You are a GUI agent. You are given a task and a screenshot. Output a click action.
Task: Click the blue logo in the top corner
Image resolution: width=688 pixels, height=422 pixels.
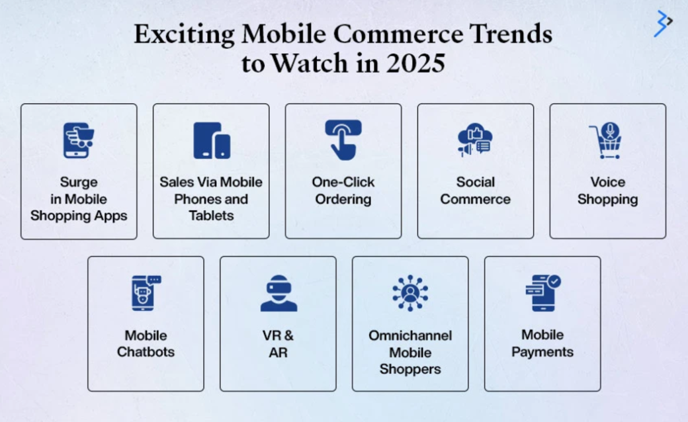pos(662,23)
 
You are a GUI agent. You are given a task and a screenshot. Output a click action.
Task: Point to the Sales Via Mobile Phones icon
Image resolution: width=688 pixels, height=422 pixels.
pos(212,140)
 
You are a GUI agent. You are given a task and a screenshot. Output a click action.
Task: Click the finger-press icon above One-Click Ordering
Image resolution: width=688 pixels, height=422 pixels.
pos(343,140)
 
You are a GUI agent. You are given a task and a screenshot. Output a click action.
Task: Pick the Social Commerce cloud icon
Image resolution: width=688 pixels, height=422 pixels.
pos(475,140)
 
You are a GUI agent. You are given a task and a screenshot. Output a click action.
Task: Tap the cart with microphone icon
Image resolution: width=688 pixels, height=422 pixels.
pos(606,140)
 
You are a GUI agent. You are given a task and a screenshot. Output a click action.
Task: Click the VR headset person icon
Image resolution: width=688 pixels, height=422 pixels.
pos(279,293)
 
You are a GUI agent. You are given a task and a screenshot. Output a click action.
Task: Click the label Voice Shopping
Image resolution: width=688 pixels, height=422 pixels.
pos(607,190)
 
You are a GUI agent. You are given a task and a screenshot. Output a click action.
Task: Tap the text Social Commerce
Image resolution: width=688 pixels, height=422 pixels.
pos(475,190)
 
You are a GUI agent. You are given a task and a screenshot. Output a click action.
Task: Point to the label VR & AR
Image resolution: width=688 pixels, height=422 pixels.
pos(279,343)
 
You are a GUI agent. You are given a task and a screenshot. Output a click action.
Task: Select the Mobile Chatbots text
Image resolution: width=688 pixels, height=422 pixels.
pos(146,343)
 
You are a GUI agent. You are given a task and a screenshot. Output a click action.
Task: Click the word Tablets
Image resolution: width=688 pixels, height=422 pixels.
pos(211,216)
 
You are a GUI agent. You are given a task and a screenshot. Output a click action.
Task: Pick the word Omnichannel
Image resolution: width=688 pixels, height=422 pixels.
pos(410,335)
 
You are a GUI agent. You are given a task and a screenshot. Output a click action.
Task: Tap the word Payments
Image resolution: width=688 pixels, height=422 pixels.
pos(542,352)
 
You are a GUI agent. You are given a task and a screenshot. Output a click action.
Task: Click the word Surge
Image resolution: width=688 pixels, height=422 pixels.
pos(79,182)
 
